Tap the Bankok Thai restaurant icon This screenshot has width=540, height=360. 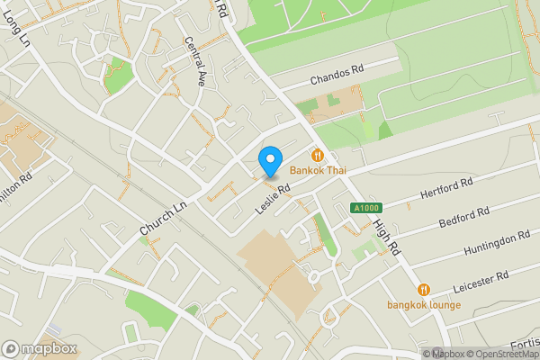tap(317, 154)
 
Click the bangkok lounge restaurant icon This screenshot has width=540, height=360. tap(424, 290)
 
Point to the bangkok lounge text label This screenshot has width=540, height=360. tap(424, 304)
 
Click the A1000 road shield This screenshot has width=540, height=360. tap(362, 208)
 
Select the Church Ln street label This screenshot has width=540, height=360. tap(163, 218)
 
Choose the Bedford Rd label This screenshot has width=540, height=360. tap(463, 219)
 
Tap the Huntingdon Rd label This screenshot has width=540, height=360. tap(496, 243)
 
